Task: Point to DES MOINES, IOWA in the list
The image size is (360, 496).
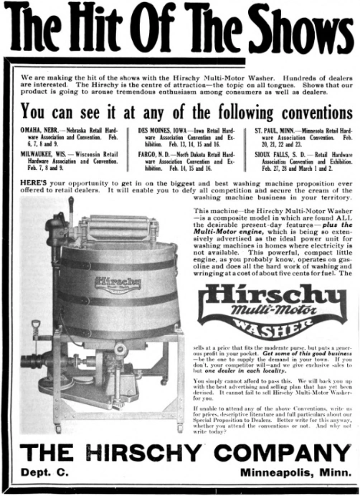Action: click(164, 131)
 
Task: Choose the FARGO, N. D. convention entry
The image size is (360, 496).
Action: click(158, 154)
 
